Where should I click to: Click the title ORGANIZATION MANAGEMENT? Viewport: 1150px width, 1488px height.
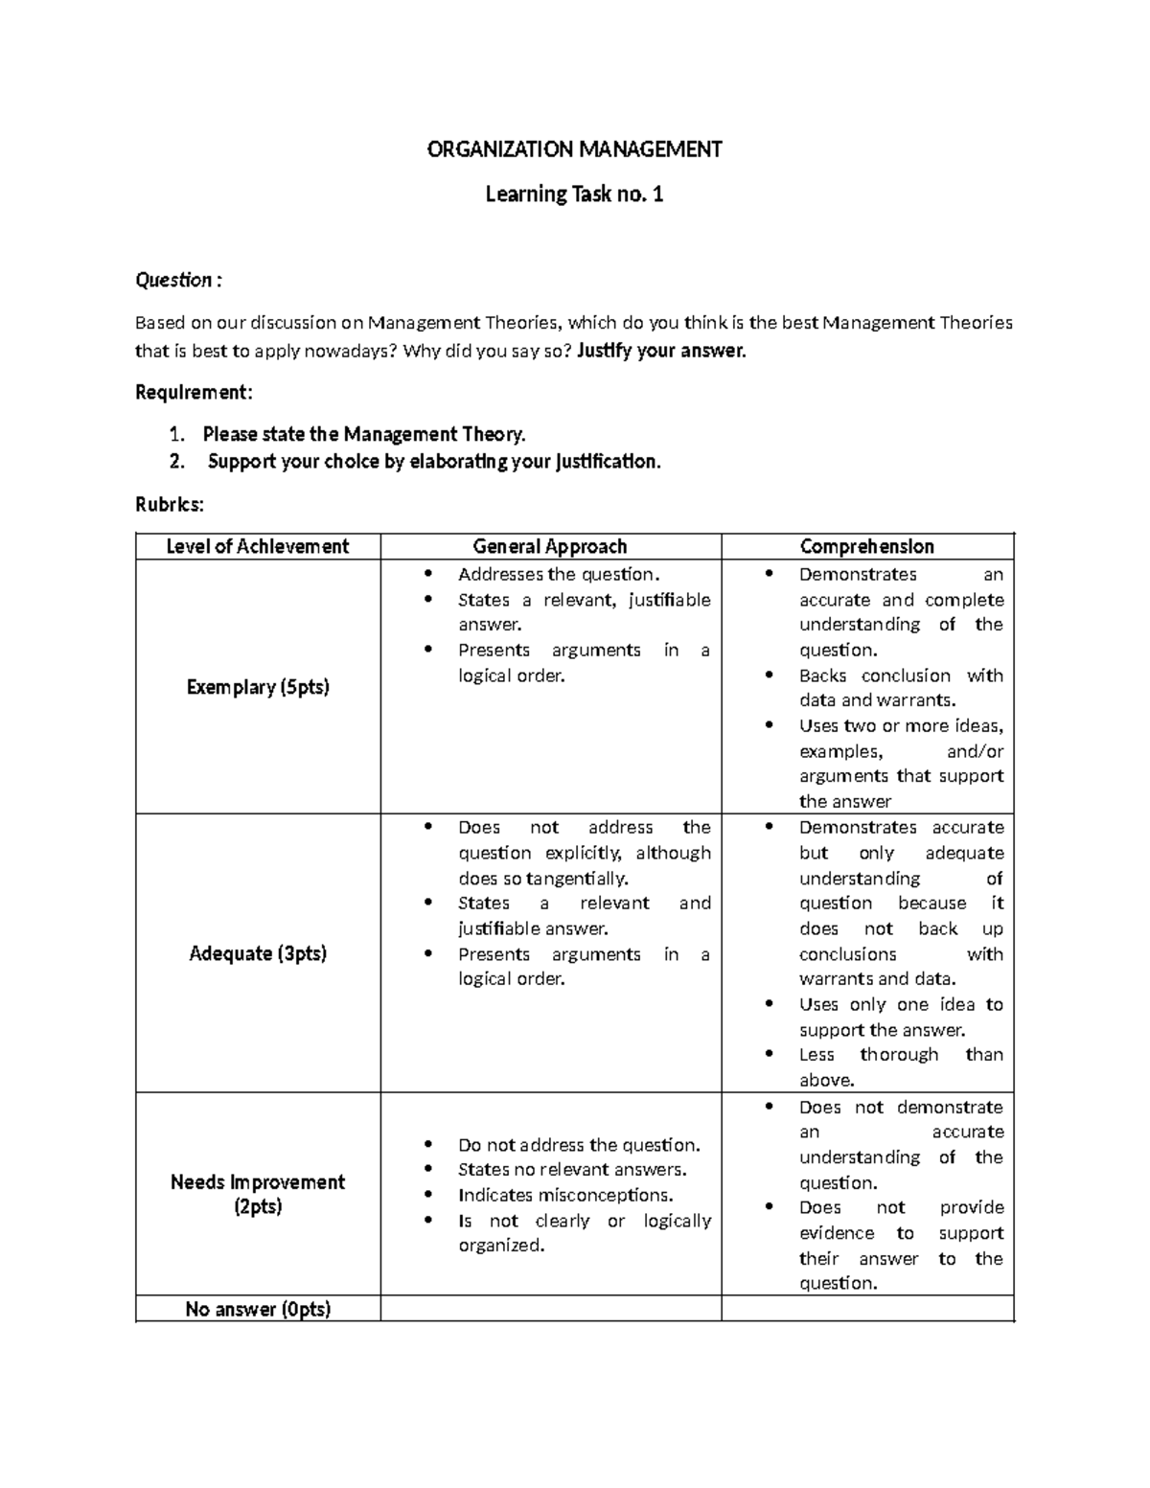click(x=574, y=149)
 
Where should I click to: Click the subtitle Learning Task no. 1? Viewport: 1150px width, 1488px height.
click(x=574, y=195)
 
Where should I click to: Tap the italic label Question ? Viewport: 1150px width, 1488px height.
click(x=178, y=280)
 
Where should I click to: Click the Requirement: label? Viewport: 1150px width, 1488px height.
click(x=195, y=392)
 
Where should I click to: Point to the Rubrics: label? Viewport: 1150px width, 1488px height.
click(x=170, y=504)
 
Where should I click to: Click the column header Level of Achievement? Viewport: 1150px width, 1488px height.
click(x=258, y=546)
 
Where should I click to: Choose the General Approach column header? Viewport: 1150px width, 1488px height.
click(x=550, y=546)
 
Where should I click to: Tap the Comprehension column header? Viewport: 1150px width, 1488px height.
click(x=866, y=546)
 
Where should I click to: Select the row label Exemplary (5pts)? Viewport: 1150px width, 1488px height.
click(x=258, y=687)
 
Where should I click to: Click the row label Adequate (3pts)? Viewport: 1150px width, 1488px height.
click(x=258, y=953)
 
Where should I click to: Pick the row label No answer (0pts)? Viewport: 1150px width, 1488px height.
click(x=258, y=1309)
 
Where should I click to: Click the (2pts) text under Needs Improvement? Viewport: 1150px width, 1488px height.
click(x=258, y=1206)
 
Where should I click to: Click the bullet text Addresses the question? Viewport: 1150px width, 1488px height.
click(x=559, y=575)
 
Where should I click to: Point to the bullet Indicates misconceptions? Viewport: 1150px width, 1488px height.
click(x=565, y=1195)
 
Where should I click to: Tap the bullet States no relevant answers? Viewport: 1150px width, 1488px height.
click(x=572, y=1169)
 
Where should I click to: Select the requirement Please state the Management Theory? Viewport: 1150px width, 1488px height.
click(x=364, y=434)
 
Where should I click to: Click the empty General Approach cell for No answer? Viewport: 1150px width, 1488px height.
click(x=550, y=1309)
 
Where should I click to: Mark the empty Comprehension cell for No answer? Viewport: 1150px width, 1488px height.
click(x=866, y=1309)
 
